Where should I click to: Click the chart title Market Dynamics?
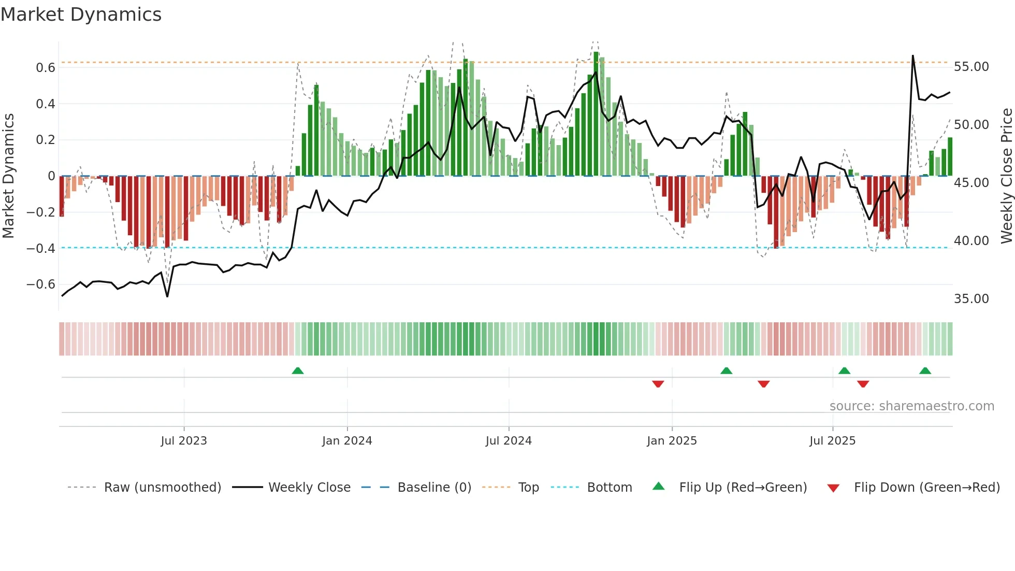point(81,15)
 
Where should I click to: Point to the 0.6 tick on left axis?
point(46,68)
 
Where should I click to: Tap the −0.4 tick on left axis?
point(41,248)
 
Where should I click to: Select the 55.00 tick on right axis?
point(971,67)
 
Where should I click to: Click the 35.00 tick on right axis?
point(971,299)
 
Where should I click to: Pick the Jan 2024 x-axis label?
point(347,441)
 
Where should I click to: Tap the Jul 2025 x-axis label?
point(832,441)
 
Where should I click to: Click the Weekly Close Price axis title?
point(1006,176)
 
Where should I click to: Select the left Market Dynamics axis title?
point(8,176)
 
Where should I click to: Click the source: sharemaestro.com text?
point(911,406)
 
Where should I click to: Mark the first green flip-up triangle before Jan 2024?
point(298,371)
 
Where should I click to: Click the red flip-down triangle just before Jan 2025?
point(658,383)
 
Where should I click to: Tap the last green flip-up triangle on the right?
point(925,371)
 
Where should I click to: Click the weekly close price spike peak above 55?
point(912,56)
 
